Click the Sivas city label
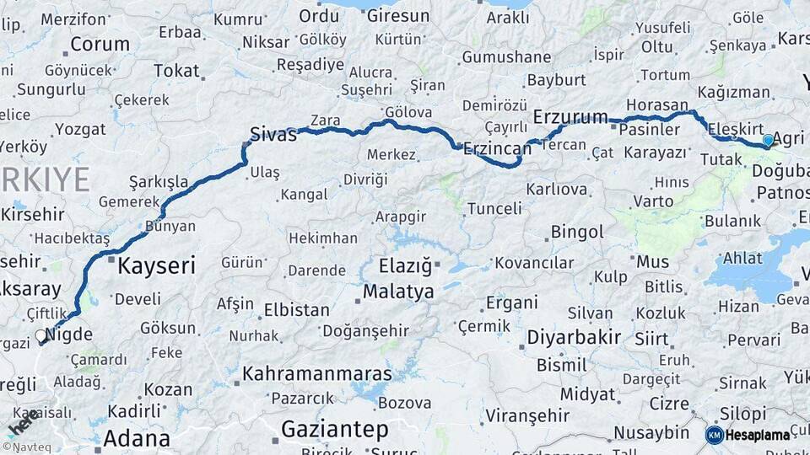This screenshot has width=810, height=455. (x=273, y=133)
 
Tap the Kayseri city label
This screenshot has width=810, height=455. (x=156, y=266)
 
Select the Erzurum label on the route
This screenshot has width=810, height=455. (x=570, y=116)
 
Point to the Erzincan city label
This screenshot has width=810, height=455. (x=498, y=148)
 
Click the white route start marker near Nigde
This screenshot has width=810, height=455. (x=40, y=336)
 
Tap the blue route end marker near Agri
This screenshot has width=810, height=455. (x=768, y=140)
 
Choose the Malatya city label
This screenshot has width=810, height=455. (x=398, y=292)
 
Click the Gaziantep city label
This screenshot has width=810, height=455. (x=335, y=429)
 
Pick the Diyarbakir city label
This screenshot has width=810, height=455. (x=574, y=338)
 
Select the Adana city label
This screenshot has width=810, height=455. (x=136, y=438)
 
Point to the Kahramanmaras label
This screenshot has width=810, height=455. (x=316, y=373)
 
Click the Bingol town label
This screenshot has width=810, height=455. (x=577, y=232)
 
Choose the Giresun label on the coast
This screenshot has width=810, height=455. (x=397, y=16)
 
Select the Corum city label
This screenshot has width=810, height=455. (x=100, y=45)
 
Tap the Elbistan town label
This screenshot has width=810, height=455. (x=296, y=309)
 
